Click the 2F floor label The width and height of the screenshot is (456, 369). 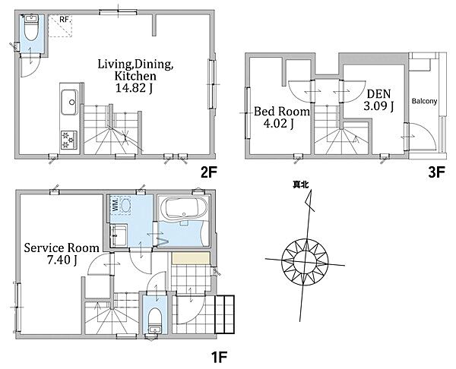pyautogui.click(x=208, y=173)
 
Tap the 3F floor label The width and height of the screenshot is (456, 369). pyautogui.click(x=436, y=173)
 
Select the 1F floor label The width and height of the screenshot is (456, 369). pyautogui.click(x=218, y=357)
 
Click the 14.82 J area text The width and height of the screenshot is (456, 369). pyautogui.click(x=134, y=88)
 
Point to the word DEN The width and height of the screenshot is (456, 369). pyautogui.click(x=378, y=94)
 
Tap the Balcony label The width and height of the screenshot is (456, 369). pyautogui.click(x=424, y=101)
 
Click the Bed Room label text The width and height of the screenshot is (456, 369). pyautogui.click(x=282, y=112)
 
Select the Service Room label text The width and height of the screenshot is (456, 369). pyautogui.click(x=62, y=248)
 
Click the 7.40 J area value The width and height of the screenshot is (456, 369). pyautogui.click(x=62, y=260)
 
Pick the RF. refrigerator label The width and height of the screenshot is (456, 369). pyautogui.click(x=65, y=20)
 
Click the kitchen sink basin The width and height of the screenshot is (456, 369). pyautogui.click(x=69, y=102)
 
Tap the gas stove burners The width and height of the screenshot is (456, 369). pyautogui.click(x=69, y=140)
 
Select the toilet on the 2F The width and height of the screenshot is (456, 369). pyautogui.click(x=31, y=28)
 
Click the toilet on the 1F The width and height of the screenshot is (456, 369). pyautogui.click(x=154, y=320)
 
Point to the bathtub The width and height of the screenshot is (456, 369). pyautogui.click(x=183, y=208)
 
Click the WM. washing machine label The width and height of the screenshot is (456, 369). pyautogui.click(x=116, y=204)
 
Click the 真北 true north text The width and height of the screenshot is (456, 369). pyautogui.click(x=301, y=184)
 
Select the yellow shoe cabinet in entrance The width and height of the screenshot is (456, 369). pyautogui.click(x=191, y=258)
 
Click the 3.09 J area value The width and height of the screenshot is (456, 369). pyautogui.click(x=378, y=106)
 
